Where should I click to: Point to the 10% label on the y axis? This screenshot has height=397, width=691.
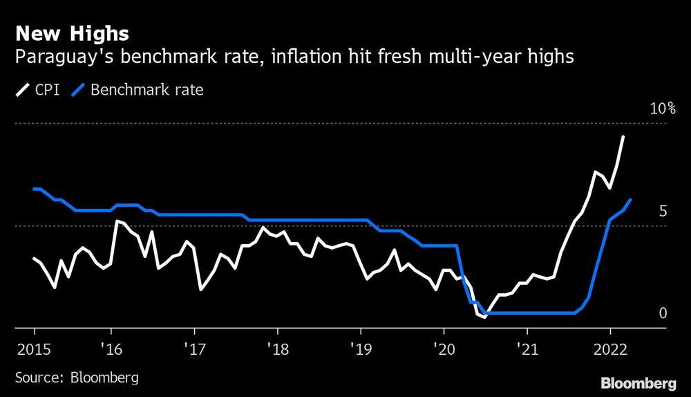pos(662,109)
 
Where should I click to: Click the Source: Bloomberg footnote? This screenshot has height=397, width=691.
pos(76,378)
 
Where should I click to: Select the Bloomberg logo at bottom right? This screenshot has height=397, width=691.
pos(638,382)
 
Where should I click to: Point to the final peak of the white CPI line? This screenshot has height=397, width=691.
pos(623,137)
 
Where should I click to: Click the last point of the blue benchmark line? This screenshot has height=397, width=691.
pos(630,200)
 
